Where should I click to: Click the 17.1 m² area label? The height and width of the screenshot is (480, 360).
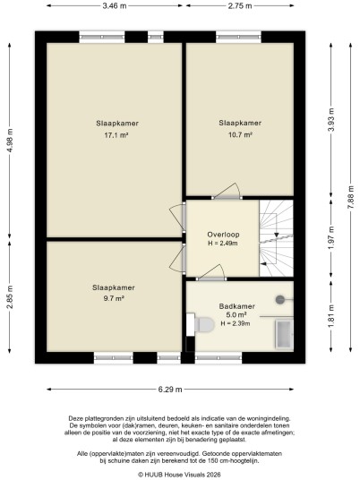(x=116, y=135)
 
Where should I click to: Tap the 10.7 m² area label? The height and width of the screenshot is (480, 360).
(x=240, y=134)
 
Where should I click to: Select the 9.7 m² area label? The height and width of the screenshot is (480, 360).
(x=114, y=298)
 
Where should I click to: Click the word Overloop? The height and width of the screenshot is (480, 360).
(x=223, y=235)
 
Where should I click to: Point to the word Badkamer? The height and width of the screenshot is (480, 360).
(x=237, y=306)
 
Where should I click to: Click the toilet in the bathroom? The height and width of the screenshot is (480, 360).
(x=204, y=324)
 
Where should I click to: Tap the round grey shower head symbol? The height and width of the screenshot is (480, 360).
(x=280, y=299)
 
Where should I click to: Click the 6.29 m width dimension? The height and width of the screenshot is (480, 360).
(x=170, y=390)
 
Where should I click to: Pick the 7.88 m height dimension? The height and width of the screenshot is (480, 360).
(x=351, y=197)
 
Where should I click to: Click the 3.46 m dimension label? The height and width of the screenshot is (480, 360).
(x=115, y=5)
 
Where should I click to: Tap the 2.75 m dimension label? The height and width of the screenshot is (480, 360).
(x=240, y=5)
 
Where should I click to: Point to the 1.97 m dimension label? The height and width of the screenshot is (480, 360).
(x=331, y=238)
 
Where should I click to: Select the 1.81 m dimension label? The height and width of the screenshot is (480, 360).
(x=331, y=316)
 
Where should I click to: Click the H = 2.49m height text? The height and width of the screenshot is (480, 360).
(x=223, y=244)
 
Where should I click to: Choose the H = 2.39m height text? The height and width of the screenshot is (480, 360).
(x=236, y=323)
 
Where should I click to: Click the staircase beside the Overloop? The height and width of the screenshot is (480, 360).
(x=276, y=238)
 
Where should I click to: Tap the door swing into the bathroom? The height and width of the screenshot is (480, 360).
(x=210, y=272)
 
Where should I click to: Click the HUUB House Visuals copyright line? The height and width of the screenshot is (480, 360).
(x=179, y=475)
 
